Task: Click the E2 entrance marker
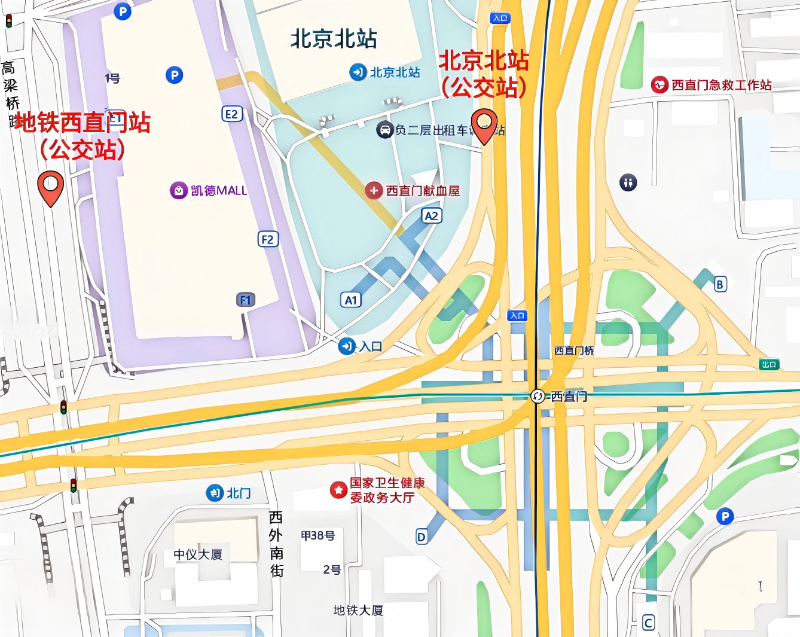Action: (231, 114)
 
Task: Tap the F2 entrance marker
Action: (267, 239)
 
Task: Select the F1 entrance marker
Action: (245, 300)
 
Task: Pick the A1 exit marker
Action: (351, 300)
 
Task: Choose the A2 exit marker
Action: (431, 215)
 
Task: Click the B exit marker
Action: (720, 284)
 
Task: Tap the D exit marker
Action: (422, 537)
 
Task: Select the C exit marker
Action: (648, 623)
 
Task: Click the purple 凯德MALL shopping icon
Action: (179, 190)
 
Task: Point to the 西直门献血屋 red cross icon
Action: (374, 190)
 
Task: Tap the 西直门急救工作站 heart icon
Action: (659, 84)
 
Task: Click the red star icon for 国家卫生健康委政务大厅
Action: (338, 490)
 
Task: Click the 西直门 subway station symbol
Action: (538, 396)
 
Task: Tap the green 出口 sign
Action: (769, 364)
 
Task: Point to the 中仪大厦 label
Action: (198, 554)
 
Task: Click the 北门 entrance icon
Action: (215, 493)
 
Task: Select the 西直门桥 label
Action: (573, 350)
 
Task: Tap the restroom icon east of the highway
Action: (628, 182)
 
